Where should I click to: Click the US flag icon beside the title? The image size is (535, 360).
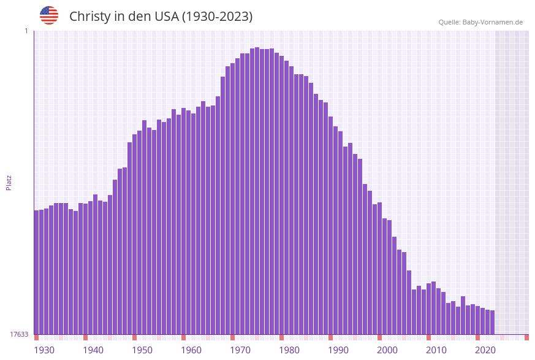pyautogui.click(x=49, y=15)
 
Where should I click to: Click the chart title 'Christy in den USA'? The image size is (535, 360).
pyautogui.click(x=161, y=17)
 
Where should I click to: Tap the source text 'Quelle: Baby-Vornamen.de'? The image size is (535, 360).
pyautogui.click(x=480, y=22)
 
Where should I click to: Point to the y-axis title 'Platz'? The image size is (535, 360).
pyautogui.click(x=9, y=182)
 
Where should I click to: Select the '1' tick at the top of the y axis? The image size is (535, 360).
pyautogui.click(x=26, y=31)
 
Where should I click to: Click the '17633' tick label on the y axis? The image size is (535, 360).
pyautogui.click(x=19, y=334)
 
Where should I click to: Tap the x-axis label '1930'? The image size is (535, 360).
pyautogui.click(x=44, y=350)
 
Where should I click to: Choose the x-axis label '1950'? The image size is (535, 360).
pyautogui.click(x=142, y=350)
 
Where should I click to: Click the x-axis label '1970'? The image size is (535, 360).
pyautogui.click(x=240, y=350)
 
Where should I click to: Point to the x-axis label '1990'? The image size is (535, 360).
pyautogui.click(x=338, y=350)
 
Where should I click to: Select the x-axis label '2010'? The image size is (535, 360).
pyautogui.click(x=436, y=350)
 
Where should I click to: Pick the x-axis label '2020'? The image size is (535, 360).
pyautogui.click(x=485, y=350)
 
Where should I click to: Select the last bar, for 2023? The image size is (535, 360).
pyautogui.click(x=492, y=323)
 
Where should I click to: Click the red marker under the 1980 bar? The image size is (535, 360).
pyautogui.click(x=282, y=337)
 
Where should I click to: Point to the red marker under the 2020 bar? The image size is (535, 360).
pyautogui.click(x=478, y=337)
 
